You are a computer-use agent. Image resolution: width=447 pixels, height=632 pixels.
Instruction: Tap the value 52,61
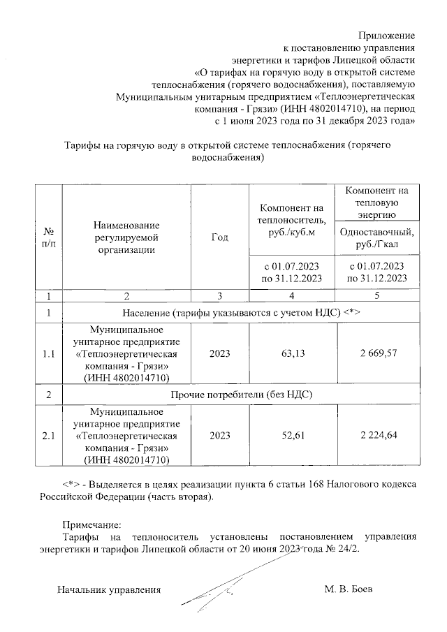293,436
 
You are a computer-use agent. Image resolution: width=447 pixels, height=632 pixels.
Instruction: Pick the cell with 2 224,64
378,436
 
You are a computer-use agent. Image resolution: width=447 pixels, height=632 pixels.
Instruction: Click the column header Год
219,237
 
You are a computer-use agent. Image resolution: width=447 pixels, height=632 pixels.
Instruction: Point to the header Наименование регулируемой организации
126,236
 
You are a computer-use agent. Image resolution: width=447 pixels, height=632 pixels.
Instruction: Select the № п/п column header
49,237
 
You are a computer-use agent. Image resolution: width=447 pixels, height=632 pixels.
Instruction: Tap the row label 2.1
49,436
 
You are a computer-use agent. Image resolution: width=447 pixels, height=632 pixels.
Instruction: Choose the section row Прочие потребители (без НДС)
242,395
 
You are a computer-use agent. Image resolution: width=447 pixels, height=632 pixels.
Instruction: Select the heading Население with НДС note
242,312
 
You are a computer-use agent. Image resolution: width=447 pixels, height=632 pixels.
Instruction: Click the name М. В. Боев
349,589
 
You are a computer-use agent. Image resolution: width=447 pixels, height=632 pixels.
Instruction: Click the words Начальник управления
109,589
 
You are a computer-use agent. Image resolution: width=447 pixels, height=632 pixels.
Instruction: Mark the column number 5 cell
378,295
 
